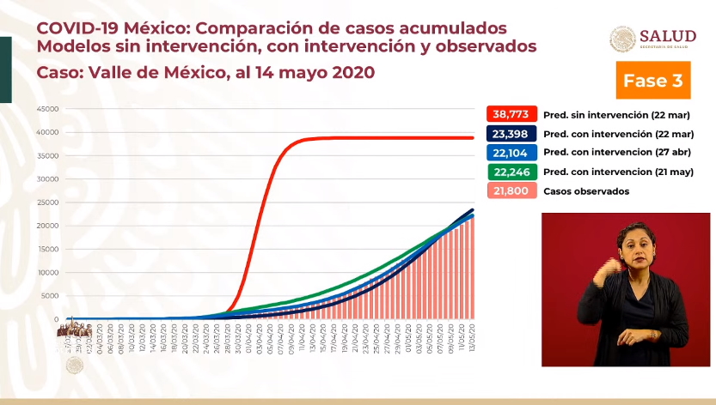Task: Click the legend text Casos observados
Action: click(586, 191)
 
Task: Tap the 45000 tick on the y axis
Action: click(46, 109)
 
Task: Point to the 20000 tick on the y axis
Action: click(46, 226)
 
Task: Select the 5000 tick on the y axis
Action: click(48, 296)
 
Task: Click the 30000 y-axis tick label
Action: click(46, 179)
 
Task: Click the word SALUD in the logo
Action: click(669, 35)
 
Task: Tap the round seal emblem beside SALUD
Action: click(623, 39)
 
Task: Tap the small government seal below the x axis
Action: click(75, 366)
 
